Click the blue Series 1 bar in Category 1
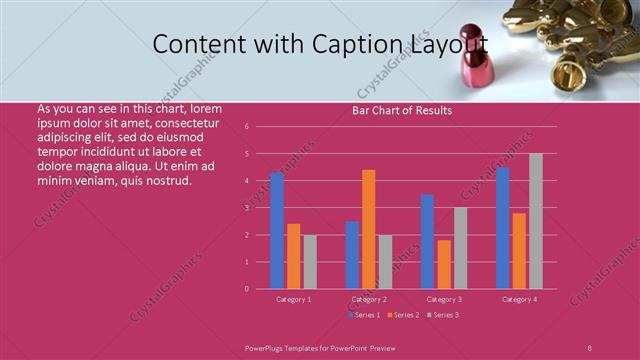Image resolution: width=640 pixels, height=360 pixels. click(x=277, y=230)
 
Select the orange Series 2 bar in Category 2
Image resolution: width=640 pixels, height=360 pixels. click(x=369, y=229)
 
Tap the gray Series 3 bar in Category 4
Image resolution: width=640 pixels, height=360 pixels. click(x=536, y=221)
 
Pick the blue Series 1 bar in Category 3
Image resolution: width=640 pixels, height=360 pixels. click(x=427, y=241)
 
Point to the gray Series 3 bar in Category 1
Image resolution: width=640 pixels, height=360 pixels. click(x=310, y=261)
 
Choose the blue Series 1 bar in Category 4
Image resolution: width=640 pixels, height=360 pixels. click(x=503, y=228)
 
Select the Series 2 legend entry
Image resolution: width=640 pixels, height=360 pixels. click(x=401, y=315)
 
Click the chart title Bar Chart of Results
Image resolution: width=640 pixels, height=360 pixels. click(x=402, y=110)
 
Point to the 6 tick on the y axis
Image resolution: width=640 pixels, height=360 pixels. click(x=260, y=127)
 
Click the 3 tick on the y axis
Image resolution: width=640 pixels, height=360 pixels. click(x=260, y=208)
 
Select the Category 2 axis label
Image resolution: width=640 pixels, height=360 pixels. click(x=369, y=299)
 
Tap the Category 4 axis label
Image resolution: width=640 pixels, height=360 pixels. click(x=519, y=299)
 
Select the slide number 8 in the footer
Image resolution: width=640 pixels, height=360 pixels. click(x=589, y=346)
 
